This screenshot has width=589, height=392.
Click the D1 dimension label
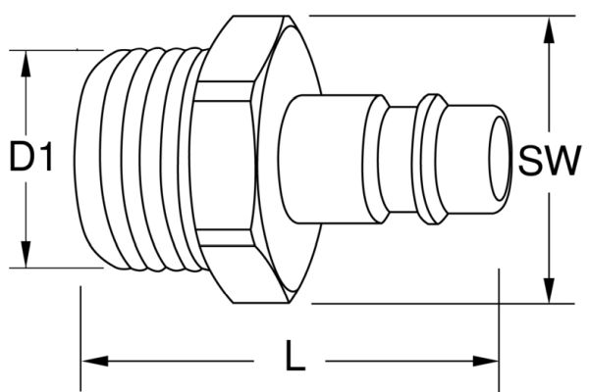(30, 157)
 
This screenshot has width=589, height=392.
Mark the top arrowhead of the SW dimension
(548, 26)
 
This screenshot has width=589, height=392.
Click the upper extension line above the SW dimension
(422, 16)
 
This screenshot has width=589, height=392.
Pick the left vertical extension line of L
(80, 333)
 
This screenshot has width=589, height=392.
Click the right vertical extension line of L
(500, 323)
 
